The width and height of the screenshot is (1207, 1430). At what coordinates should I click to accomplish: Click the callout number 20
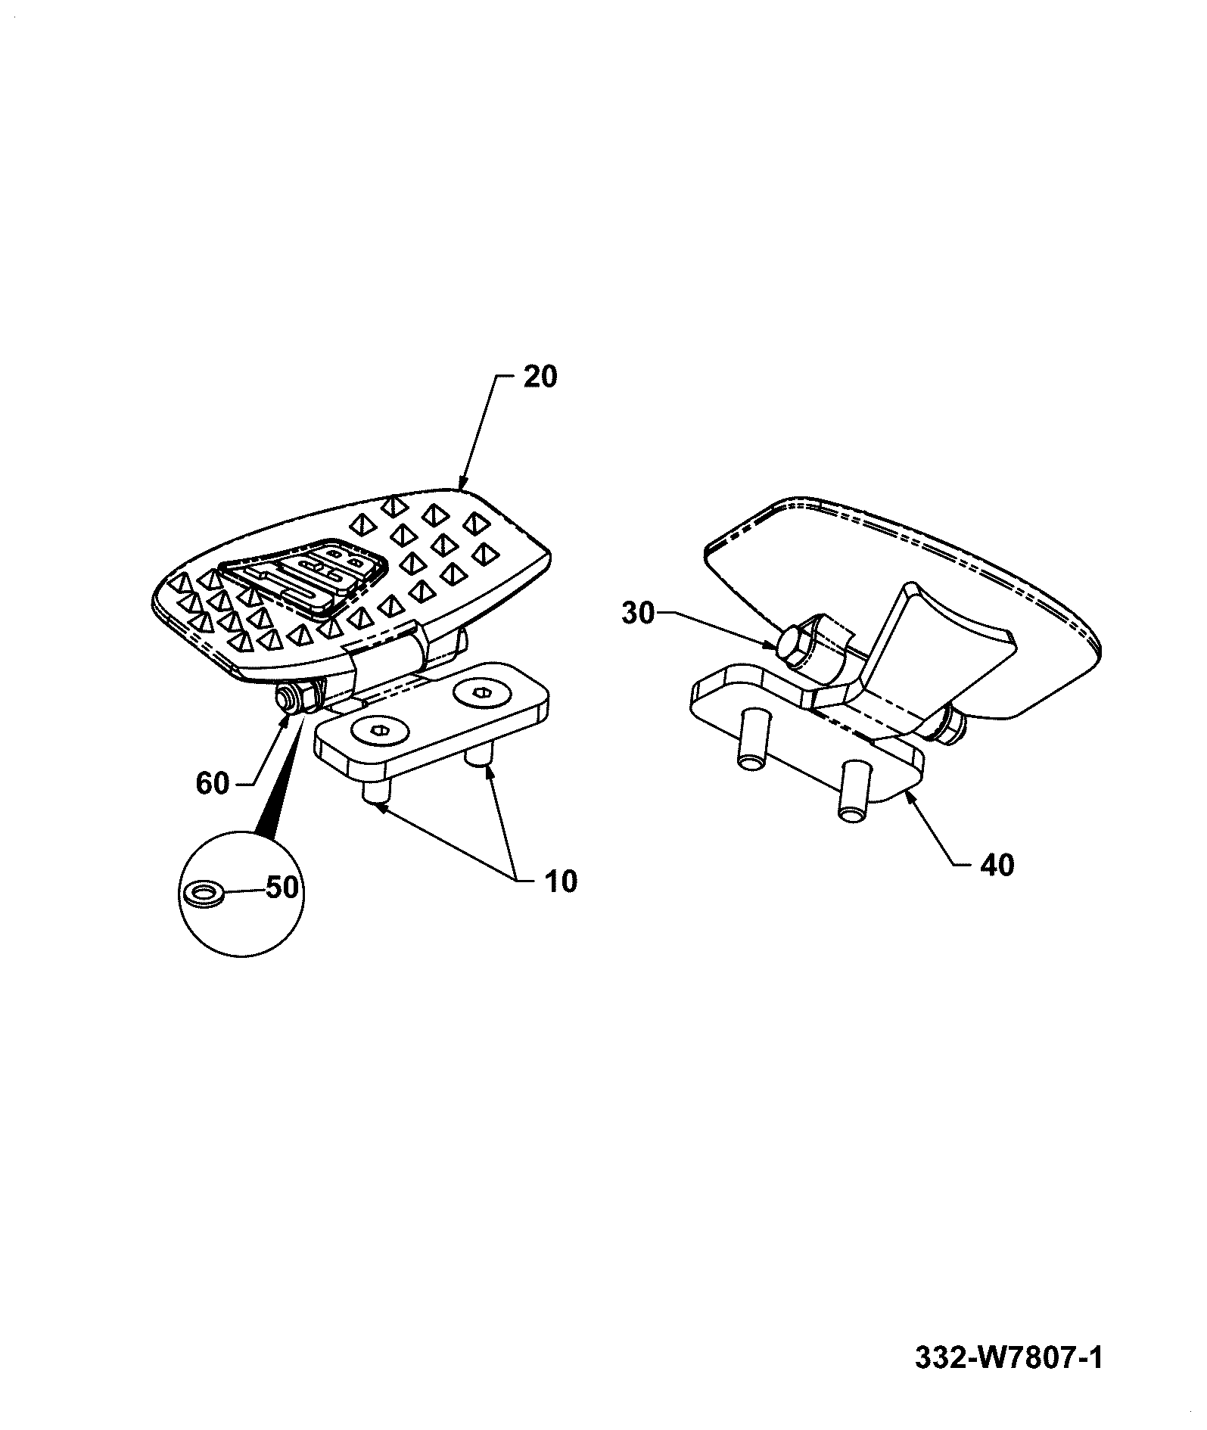[540, 376]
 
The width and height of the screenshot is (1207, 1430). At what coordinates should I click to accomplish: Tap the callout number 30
[637, 614]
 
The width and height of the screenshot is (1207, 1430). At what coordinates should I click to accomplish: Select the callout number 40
[997, 864]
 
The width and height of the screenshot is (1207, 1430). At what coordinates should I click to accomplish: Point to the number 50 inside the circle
[282, 888]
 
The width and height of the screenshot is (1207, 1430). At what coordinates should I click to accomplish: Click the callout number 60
[213, 784]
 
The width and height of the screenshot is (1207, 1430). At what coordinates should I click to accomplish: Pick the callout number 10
[560, 881]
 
